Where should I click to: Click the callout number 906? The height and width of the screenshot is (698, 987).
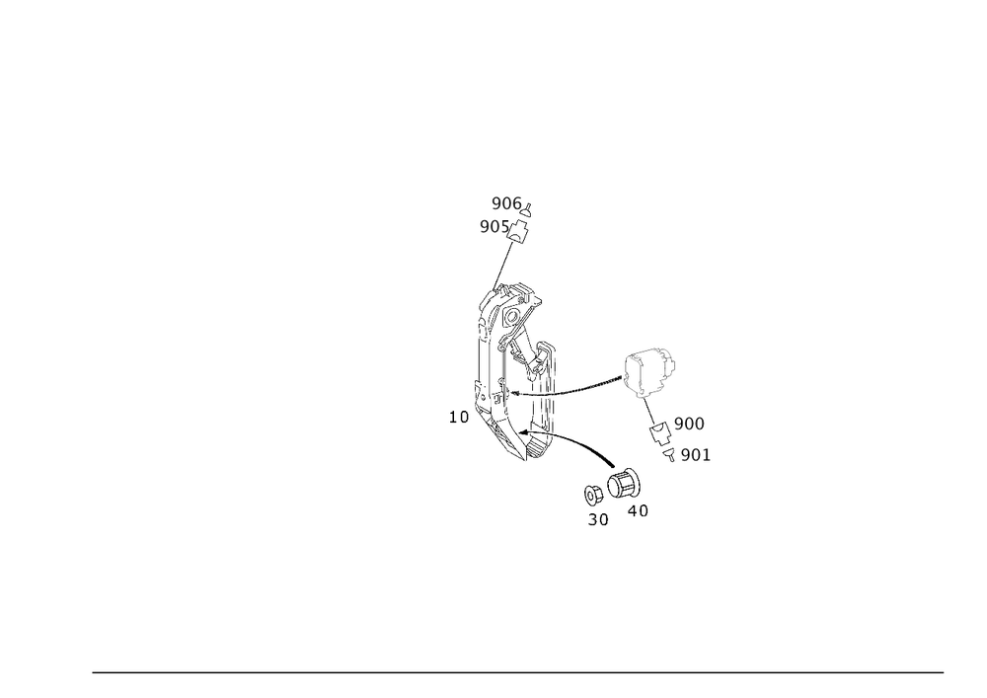click(505, 203)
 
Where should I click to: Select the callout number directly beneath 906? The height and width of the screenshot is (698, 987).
click(493, 226)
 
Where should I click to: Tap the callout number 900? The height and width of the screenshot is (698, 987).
click(689, 423)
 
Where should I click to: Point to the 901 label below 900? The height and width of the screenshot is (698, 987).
click(695, 455)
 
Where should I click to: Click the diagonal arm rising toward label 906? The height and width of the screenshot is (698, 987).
click(504, 262)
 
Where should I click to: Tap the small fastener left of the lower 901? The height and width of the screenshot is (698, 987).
click(671, 453)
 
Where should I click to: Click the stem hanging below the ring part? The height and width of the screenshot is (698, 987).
click(649, 409)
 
